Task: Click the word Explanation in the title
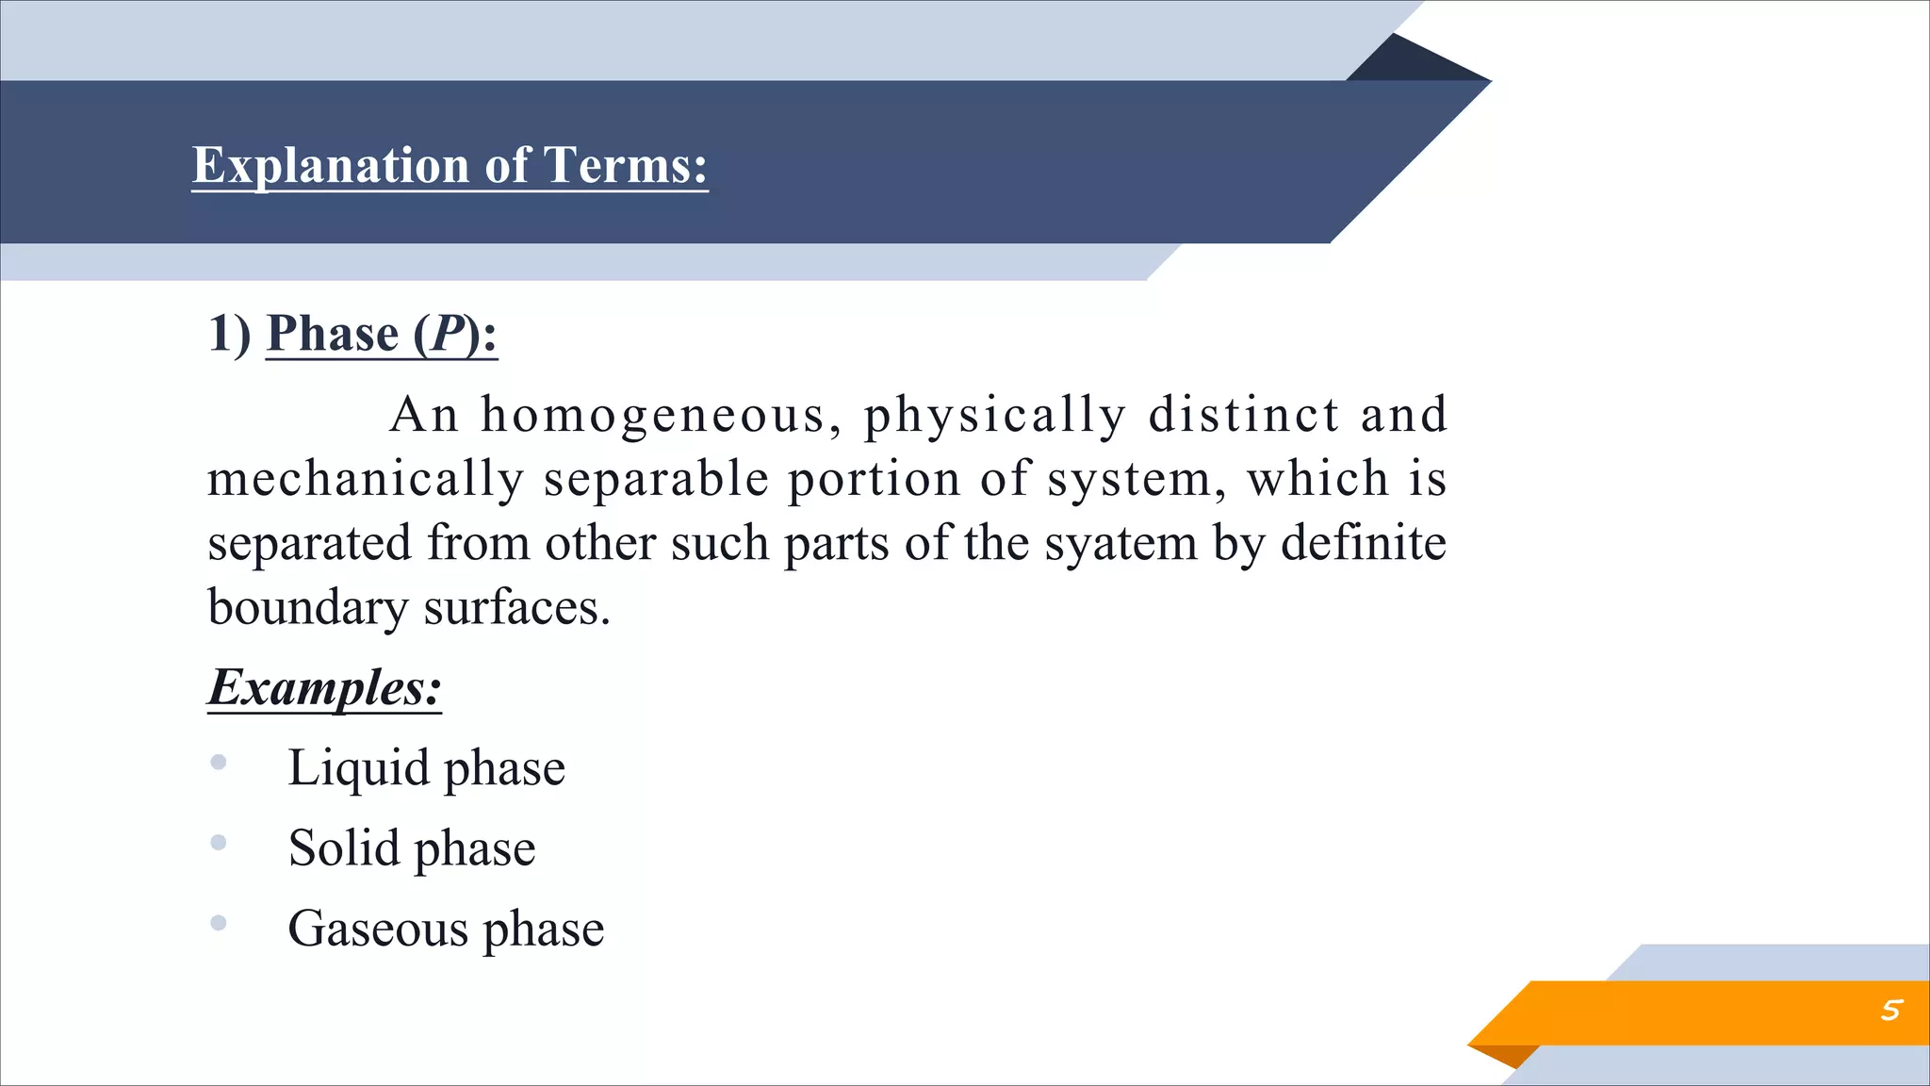(330, 166)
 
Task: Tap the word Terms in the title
(626, 166)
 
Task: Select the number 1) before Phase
(229, 334)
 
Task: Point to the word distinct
(1244, 415)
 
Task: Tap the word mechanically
(365, 479)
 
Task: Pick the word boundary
(307, 608)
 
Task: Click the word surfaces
(516, 608)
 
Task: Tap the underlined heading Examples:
(324, 687)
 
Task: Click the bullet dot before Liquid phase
(219, 762)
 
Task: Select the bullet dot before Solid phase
(219, 843)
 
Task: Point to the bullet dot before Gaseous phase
(219, 923)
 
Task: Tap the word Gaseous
(377, 930)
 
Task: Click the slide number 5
(1889, 1011)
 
